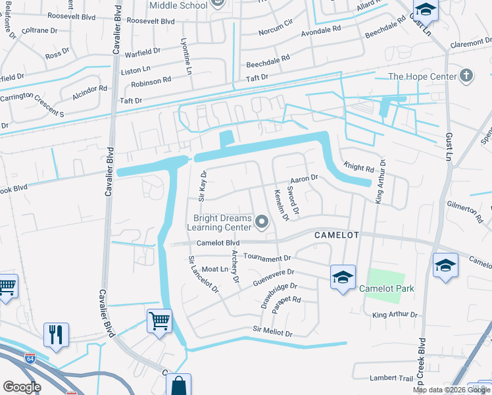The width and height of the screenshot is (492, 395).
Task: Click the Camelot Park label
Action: (387, 288)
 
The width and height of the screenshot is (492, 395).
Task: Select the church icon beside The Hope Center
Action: (467, 76)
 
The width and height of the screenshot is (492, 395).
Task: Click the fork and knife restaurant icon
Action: (56, 334)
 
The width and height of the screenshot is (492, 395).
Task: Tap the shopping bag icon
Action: (178, 386)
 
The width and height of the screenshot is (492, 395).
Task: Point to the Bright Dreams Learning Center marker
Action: (262, 223)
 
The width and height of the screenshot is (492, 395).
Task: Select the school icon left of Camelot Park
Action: (343, 277)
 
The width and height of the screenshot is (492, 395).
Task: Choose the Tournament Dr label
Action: (266, 257)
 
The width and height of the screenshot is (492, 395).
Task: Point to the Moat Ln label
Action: (215, 269)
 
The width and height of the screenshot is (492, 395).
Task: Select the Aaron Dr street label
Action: (304, 178)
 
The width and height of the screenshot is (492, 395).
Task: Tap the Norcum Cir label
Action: (275, 31)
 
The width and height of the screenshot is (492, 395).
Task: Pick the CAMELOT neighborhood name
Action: (335, 235)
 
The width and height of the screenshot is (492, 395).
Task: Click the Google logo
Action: (21, 386)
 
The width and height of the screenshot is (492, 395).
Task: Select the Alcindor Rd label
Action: (90, 91)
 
